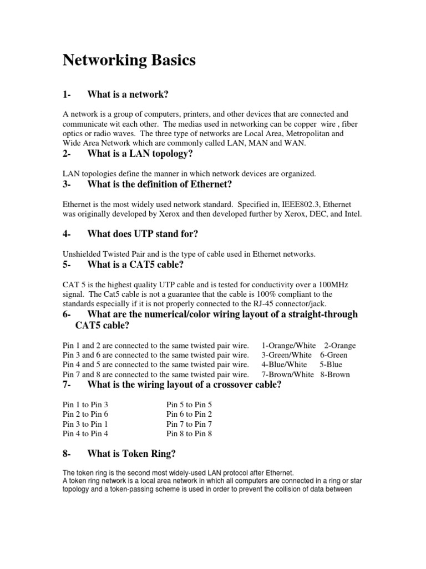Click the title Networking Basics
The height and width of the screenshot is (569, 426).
click(129, 61)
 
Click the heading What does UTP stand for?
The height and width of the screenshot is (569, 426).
click(143, 234)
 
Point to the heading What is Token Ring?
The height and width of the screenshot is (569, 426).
click(131, 454)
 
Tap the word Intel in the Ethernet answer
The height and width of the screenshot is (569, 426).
click(351, 214)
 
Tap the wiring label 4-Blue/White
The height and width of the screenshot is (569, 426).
click(284, 365)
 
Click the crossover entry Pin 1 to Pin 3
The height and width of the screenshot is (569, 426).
click(85, 405)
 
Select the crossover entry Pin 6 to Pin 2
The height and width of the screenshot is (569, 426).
click(189, 414)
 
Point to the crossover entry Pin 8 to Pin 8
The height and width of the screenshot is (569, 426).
click(189, 433)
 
